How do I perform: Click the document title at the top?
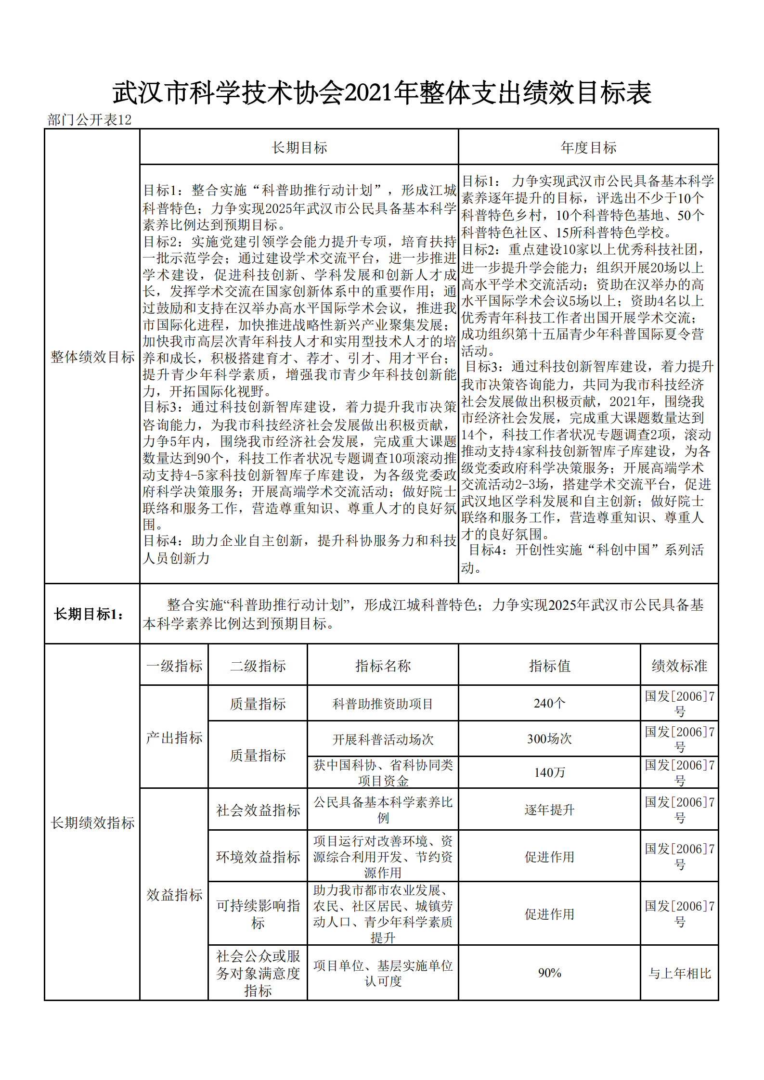tap(382, 93)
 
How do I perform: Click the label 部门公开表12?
tap(90, 120)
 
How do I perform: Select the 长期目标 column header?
tap(299, 148)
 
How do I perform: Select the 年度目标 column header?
tap(588, 148)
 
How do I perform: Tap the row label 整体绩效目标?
tap(92, 357)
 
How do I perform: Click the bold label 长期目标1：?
tap(89, 614)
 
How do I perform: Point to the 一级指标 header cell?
tap(174, 666)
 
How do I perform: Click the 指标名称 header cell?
tap(383, 666)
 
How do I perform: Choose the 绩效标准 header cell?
tap(679, 666)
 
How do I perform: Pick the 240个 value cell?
tap(549, 704)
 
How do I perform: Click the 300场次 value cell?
tap(549, 739)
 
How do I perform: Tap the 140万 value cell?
tap(549, 772)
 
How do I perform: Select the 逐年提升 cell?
tap(549, 810)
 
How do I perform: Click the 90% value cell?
tap(549, 973)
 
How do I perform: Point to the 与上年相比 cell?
tap(679, 973)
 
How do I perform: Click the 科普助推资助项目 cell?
tap(383, 704)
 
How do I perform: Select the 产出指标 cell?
tap(174, 737)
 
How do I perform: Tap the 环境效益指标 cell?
tap(258, 857)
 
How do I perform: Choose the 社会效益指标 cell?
tap(258, 810)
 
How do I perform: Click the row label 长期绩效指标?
tap(92, 823)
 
